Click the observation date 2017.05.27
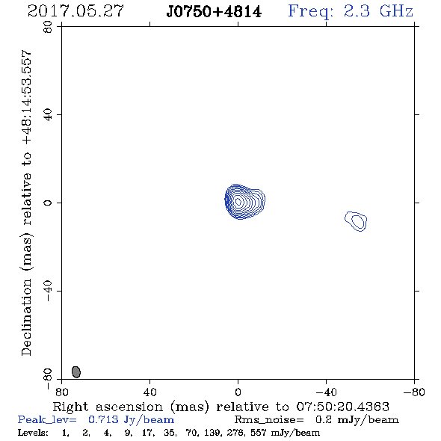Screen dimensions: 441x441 pos(75,11)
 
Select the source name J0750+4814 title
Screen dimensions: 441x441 pos(214,12)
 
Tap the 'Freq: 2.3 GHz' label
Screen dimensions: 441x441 pos(351,12)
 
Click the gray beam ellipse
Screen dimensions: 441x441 pos(76,371)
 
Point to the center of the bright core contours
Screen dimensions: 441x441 pos(238,201)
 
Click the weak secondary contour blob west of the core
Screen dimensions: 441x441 pos(356,221)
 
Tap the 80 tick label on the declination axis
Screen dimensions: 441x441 pos(48,27)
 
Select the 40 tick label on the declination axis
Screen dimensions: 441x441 pos(48,115)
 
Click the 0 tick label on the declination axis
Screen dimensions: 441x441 pos(48,203)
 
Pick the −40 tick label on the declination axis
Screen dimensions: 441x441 pos(48,291)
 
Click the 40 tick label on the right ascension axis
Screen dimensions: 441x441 pos(149,392)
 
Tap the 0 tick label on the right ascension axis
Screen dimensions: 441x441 pos(238,392)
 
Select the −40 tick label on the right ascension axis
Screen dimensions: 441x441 pos(326,392)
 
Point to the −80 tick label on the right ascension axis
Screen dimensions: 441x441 pos(414,392)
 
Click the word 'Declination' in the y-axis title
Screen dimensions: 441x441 pos(26,317)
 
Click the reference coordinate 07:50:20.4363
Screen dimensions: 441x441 pos(343,407)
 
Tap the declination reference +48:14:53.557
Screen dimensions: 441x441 pos(26,97)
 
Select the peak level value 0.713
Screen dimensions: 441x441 pos(103,419)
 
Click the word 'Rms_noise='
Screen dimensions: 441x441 pos(269,420)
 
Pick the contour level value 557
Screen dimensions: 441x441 pos(258,432)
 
